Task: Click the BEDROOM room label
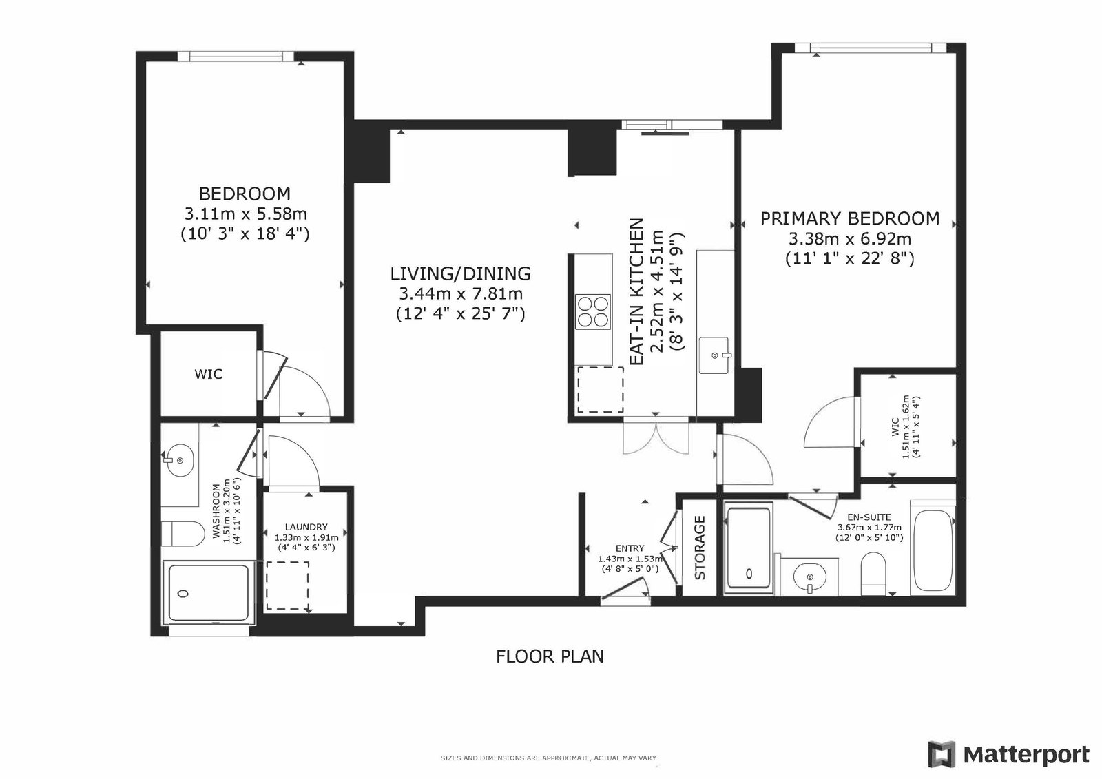click(x=245, y=194)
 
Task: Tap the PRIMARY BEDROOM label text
click(x=850, y=218)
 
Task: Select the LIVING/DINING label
click(x=461, y=273)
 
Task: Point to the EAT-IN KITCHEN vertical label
click(x=636, y=292)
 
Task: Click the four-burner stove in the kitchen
click(x=593, y=311)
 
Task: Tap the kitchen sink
click(x=714, y=355)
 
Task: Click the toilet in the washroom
click(x=183, y=533)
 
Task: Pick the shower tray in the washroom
click(x=209, y=592)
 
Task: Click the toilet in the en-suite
click(x=873, y=573)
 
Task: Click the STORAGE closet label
click(x=700, y=547)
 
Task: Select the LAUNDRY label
click(x=306, y=527)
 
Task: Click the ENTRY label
click(x=630, y=548)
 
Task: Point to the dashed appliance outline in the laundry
click(x=288, y=585)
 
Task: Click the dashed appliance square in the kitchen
click(x=600, y=389)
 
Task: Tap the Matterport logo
click(x=1008, y=754)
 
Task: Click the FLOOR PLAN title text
click(x=550, y=656)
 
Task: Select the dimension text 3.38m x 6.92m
click(x=850, y=239)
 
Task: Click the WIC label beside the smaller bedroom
click(x=208, y=374)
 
